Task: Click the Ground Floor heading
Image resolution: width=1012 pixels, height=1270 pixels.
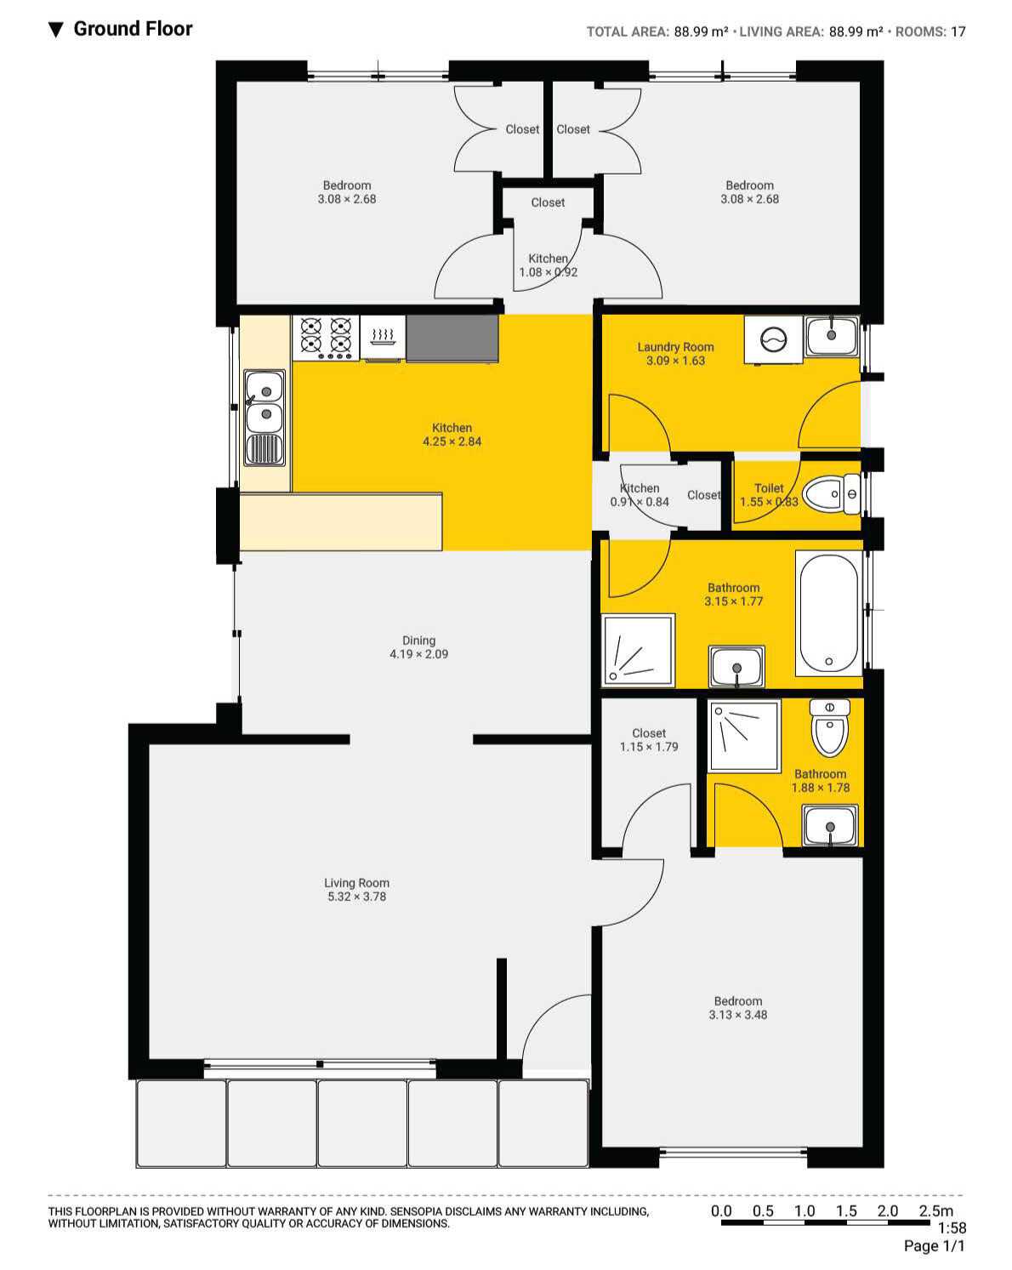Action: tap(133, 29)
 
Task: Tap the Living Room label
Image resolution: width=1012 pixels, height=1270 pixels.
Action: tap(356, 883)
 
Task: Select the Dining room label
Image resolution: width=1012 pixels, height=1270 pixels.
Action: tap(418, 641)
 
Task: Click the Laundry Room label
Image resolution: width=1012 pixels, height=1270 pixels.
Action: tap(675, 347)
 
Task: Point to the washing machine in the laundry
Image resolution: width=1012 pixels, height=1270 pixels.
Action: tap(773, 340)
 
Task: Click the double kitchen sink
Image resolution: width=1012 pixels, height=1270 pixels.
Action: tap(264, 417)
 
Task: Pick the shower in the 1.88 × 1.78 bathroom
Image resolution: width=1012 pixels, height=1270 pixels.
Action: tap(744, 736)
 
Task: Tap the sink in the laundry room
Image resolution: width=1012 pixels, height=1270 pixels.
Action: tap(832, 335)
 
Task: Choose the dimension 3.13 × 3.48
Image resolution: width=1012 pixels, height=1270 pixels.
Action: tap(737, 1015)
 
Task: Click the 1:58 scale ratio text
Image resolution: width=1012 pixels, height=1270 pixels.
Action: tap(952, 1228)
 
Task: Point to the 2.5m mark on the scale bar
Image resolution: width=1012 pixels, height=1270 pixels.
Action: tap(935, 1211)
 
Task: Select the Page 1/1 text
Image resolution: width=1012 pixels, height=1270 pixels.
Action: tap(935, 1246)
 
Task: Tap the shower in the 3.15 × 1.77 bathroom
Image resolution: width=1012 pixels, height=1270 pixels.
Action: tap(638, 651)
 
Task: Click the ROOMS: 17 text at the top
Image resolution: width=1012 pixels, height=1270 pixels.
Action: tap(930, 32)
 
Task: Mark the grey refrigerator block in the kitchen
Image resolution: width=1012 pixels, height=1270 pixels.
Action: tap(452, 338)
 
